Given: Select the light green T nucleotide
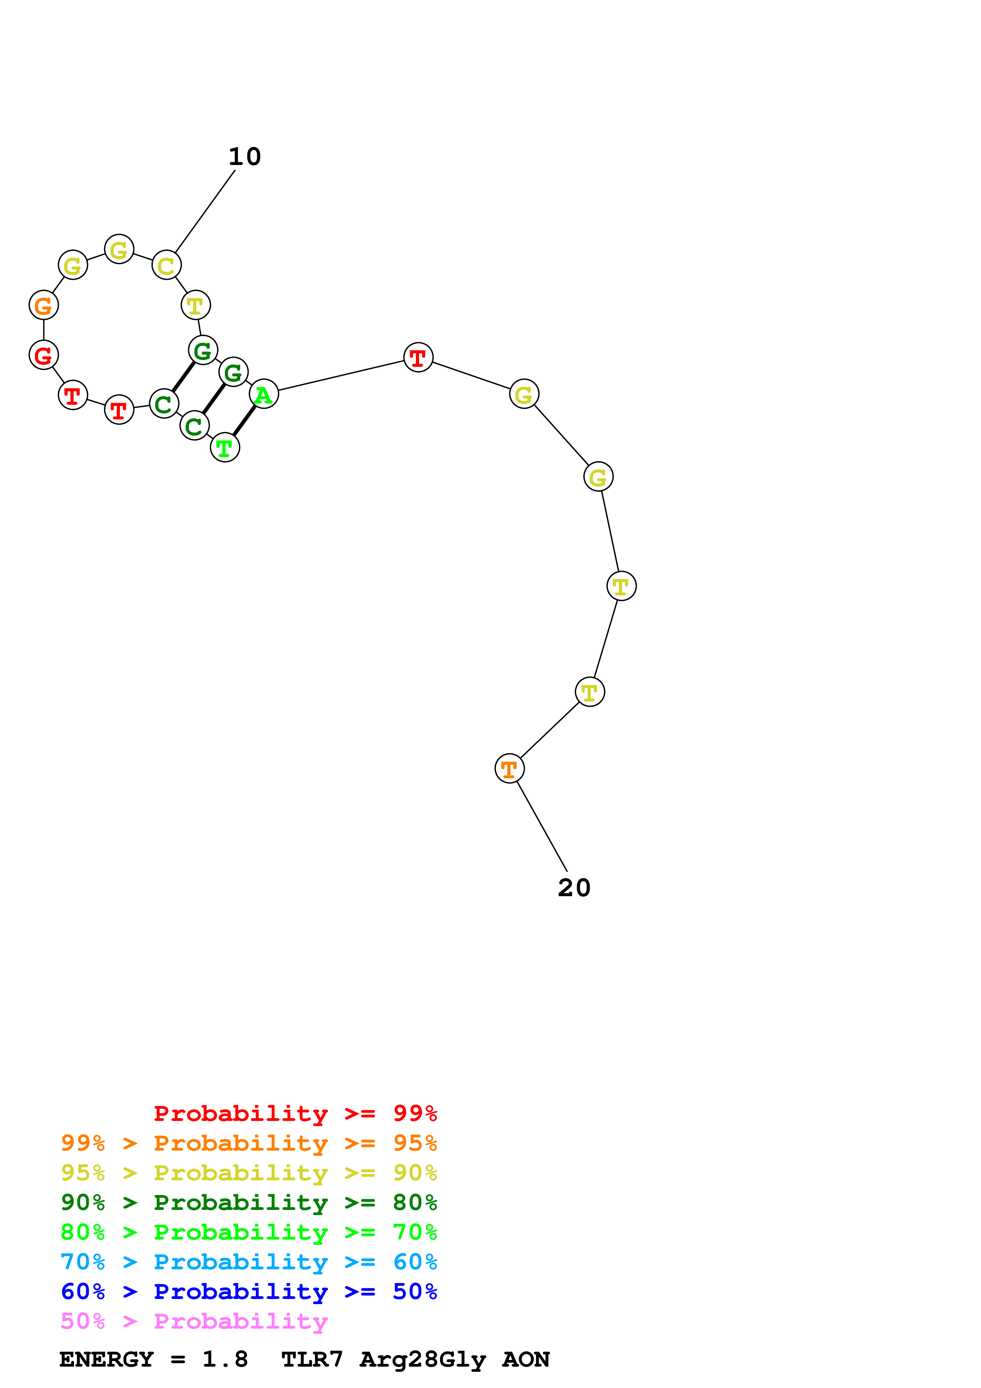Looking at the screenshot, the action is [x=225, y=447].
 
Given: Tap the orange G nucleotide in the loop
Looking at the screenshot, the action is [x=44, y=305].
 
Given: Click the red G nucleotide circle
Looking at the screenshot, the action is [x=44, y=355].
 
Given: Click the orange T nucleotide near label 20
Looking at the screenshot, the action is [x=510, y=769].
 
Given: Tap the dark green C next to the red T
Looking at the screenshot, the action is [x=164, y=404].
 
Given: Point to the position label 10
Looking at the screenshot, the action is [x=245, y=157].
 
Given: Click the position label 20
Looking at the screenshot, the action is [x=574, y=888].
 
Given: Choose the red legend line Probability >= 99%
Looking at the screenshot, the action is [x=295, y=1113].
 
